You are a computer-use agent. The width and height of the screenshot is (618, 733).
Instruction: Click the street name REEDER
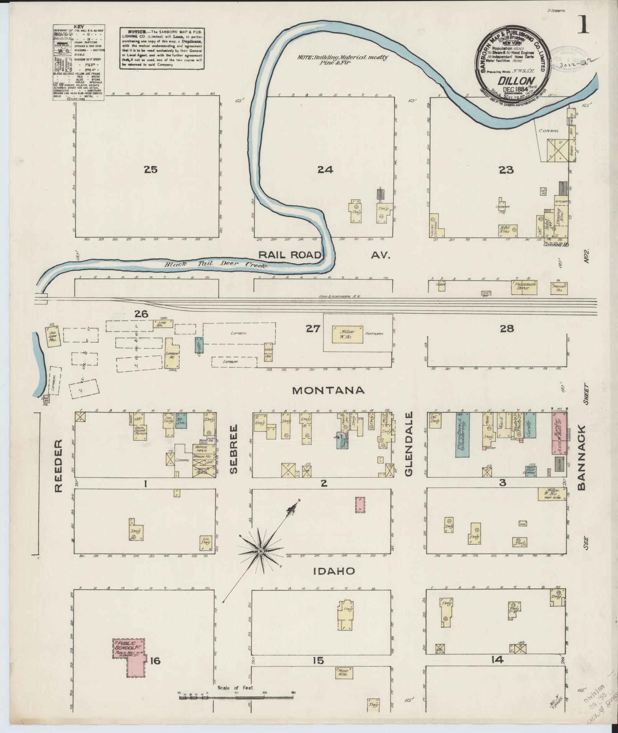(x=58, y=466)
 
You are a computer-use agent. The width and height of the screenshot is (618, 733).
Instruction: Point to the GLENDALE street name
(x=409, y=444)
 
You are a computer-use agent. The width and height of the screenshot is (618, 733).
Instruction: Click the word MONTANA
(x=328, y=390)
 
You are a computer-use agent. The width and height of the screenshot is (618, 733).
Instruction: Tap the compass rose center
(x=260, y=551)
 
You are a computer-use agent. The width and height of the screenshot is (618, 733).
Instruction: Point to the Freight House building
(x=559, y=287)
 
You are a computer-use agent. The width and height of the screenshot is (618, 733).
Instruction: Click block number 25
(x=151, y=169)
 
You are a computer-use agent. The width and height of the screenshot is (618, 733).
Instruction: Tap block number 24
(x=325, y=169)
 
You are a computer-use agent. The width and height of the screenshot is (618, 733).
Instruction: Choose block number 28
(x=507, y=328)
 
